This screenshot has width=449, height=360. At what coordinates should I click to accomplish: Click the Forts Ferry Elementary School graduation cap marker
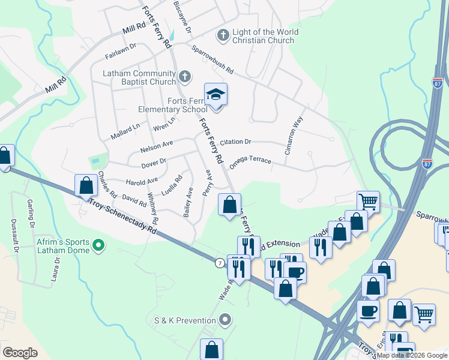click(x=216, y=95)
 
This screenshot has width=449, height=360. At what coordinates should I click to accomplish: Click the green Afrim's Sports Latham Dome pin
click(x=100, y=244)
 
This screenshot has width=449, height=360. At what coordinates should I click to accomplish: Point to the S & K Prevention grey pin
click(x=225, y=319)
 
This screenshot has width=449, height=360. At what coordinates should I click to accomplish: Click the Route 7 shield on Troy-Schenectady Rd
click(x=220, y=263)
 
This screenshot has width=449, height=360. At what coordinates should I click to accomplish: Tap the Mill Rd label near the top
click(x=134, y=28)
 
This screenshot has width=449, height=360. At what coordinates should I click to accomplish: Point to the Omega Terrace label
click(x=250, y=162)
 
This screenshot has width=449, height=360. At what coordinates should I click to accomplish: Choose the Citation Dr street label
click(x=235, y=142)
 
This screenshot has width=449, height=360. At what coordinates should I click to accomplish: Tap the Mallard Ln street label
click(x=125, y=131)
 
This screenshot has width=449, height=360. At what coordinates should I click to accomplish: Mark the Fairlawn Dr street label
click(x=121, y=49)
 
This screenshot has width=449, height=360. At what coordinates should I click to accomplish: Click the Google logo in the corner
click(x=20, y=353)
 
